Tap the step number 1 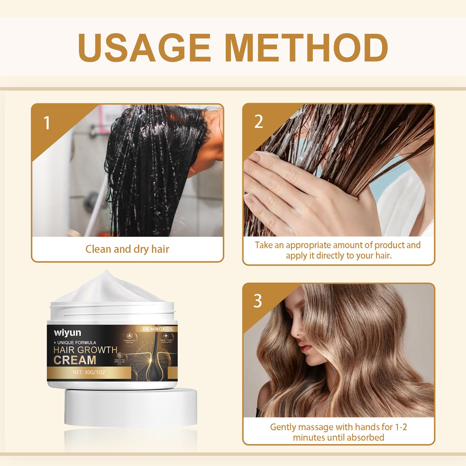tap(47, 123)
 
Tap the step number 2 tap(258, 122)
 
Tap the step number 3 tap(257, 301)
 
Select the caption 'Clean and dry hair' tap(127, 249)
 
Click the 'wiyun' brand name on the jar tap(67, 332)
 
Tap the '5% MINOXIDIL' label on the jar tap(158, 329)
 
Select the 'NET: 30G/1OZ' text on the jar tap(89, 372)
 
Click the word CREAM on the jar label tap(75, 360)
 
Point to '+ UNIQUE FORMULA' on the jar tap(75, 342)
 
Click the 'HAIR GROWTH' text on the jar tap(85, 350)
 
